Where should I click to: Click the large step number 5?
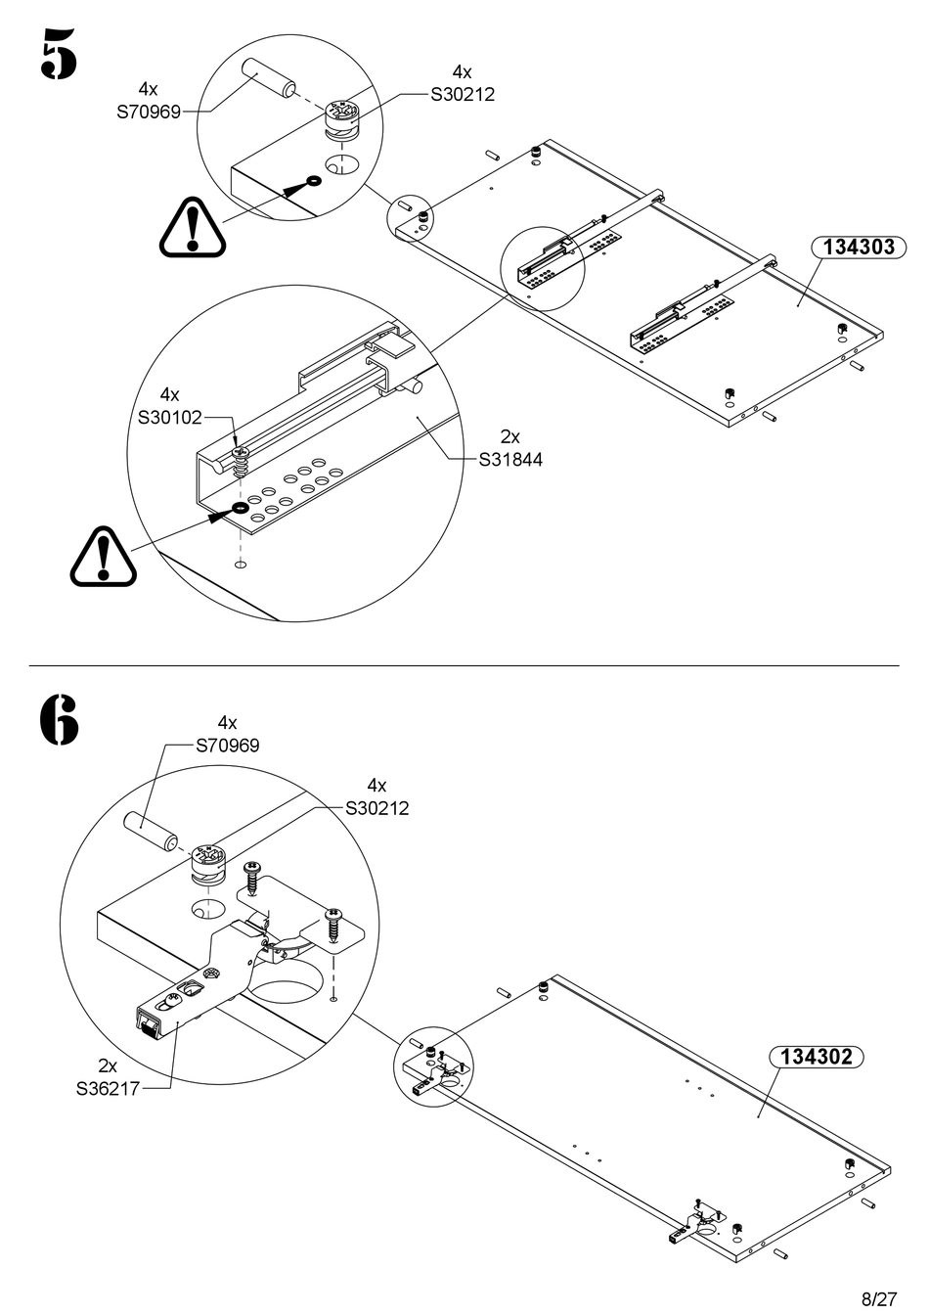tap(58, 53)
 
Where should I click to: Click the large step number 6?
tap(59, 720)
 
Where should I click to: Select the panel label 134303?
tap(859, 247)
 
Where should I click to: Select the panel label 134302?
tap(818, 1057)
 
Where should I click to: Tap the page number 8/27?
tap(878, 1299)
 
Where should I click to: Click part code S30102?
tap(169, 418)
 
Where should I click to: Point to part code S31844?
tap(509, 459)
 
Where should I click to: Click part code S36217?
tap(108, 1087)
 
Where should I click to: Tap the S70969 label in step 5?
tap(149, 112)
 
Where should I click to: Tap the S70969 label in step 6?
tap(227, 746)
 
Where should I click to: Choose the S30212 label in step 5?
tap(463, 95)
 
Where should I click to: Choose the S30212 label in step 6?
tap(376, 809)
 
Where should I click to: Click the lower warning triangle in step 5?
tap(103, 558)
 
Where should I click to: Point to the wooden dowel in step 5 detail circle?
tap(269, 77)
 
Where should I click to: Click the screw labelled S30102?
tap(243, 458)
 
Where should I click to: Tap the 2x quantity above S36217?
tap(108, 1065)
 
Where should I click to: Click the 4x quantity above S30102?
tap(169, 395)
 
